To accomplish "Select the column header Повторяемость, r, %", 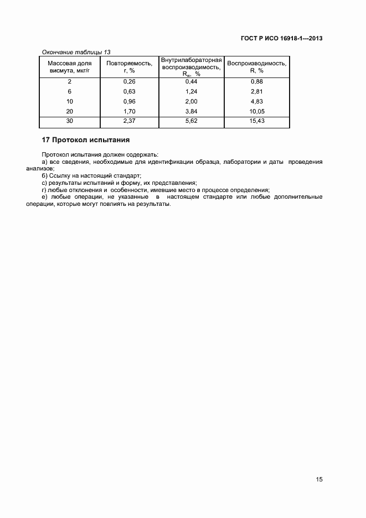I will click(x=129, y=67).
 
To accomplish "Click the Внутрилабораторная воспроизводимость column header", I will click(x=192, y=66).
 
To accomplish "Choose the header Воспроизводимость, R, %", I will click(x=256, y=67).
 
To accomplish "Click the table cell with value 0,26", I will click(x=129, y=82).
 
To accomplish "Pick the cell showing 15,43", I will click(x=257, y=120).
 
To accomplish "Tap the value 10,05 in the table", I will click(x=257, y=111).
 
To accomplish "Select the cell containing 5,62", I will click(x=192, y=120).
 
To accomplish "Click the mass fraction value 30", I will click(x=70, y=120).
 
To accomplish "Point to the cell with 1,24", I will click(x=192, y=91).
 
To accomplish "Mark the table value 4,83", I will click(x=257, y=101).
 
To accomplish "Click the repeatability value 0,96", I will click(x=129, y=101).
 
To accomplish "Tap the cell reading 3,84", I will click(x=192, y=111).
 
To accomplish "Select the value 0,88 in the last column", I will click(x=257, y=82).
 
